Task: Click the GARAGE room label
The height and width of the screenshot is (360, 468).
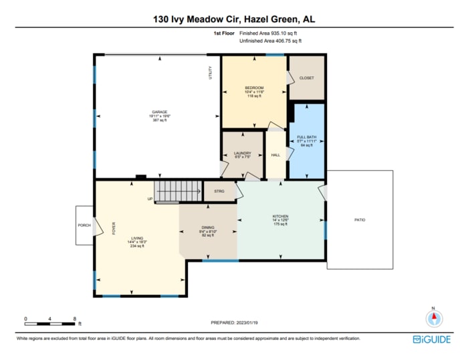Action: point(159,112)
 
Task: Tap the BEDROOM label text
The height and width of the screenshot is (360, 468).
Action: point(254,88)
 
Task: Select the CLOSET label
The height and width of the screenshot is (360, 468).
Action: point(306,78)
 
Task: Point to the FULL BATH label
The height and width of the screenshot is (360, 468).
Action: point(307,138)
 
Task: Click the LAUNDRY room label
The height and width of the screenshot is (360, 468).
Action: point(242,153)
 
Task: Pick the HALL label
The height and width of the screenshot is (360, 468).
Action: point(275,155)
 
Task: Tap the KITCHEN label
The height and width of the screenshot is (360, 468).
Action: point(280,216)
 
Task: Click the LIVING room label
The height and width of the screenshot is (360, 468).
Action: point(137,238)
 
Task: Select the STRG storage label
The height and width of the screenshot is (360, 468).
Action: point(219,191)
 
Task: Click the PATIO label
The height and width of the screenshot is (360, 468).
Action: point(360,220)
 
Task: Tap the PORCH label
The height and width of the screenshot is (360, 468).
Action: point(84,226)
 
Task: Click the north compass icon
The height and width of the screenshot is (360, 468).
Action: point(433,317)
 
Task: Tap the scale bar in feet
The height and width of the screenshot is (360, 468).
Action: point(50,323)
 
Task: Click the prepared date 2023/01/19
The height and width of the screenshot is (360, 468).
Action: point(234,322)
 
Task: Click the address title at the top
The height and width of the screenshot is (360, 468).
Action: point(234,20)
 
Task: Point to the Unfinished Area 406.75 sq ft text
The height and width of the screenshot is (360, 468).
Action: point(269,41)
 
